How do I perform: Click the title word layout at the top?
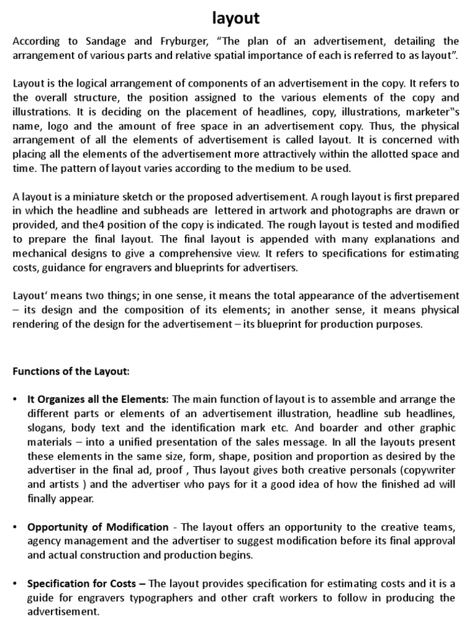pos(236,19)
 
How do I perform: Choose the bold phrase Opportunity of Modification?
pos(98,526)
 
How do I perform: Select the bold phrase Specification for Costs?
pos(86,584)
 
